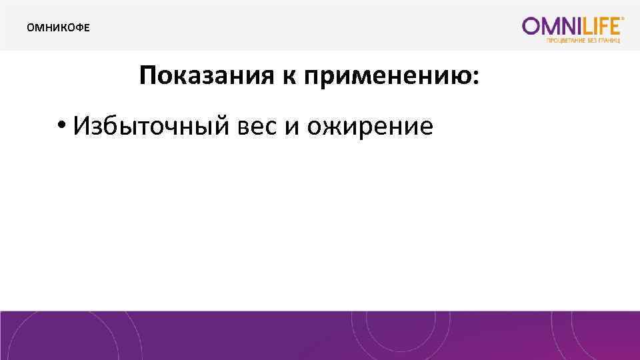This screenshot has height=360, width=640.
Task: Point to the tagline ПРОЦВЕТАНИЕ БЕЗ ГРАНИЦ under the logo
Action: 583,41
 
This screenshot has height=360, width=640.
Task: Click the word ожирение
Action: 370,126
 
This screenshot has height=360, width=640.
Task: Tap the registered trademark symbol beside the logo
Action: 623,20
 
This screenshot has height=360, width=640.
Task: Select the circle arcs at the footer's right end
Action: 600,337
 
